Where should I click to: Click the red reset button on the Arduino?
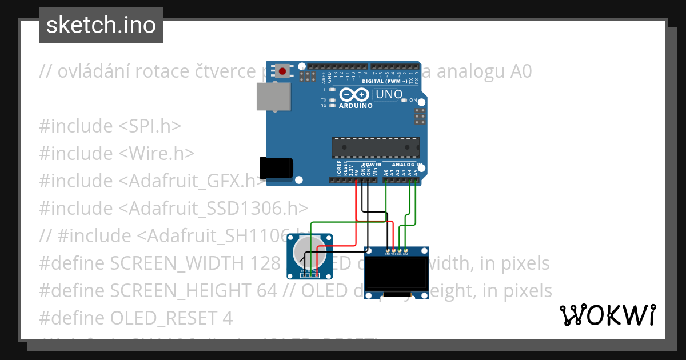[x=282, y=71]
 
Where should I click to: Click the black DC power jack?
[x=276, y=167]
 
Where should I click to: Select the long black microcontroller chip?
[x=375, y=147]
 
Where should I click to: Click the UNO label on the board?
[x=388, y=94]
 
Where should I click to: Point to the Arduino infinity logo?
[x=354, y=95]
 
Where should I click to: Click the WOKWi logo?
[x=607, y=315]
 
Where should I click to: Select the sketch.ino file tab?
[x=101, y=25]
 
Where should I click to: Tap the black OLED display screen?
[x=396, y=274]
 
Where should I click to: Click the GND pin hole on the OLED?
[x=388, y=250]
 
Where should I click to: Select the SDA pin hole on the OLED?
[x=405, y=250]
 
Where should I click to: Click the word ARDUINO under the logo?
[x=356, y=106]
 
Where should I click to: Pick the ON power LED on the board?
[x=405, y=100]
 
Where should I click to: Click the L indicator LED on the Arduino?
[x=332, y=90]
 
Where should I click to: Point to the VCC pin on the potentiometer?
[x=315, y=271]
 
